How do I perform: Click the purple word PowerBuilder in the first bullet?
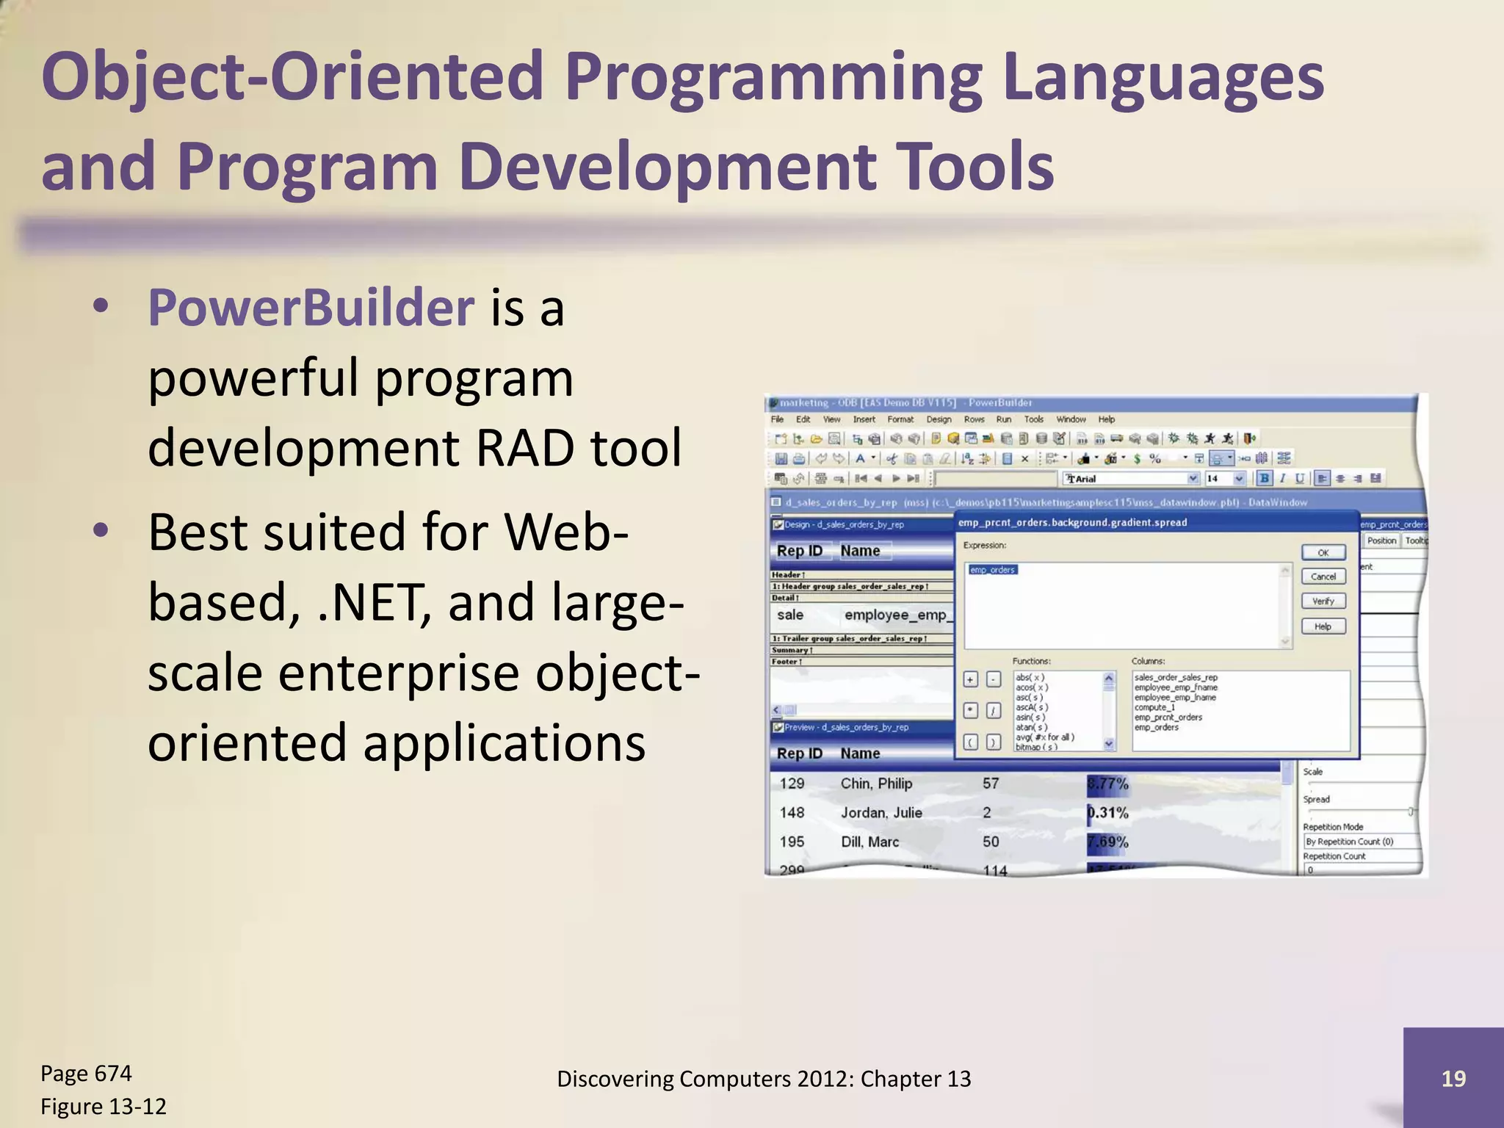pyautogui.click(x=311, y=308)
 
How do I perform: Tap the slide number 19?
pyautogui.click(x=1453, y=1078)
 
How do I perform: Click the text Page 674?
pyautogui.click(x=86, y=1074)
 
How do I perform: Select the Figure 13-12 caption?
pyautogui.click(x=104, y=1107)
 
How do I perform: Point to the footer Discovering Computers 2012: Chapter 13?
pyautogui.click(x=764, y=1079)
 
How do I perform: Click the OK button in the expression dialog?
pyautogui.click(x=1323, y=552)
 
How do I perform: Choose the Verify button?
pyautogui.click(x=1323, y=601)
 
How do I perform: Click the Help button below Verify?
pyautogui.click(x=1323, y=626)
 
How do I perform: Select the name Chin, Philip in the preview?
pyautogui.click(x=876, y=784)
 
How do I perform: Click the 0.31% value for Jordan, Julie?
pyautogui.click(x=1108, y=813)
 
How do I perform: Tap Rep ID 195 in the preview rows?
pyautogui.click(x=792, y=842)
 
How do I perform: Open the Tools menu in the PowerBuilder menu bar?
pyautogui.click(x=1033, y=419)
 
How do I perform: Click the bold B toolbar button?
pyautogui.click(x=1264, y=479)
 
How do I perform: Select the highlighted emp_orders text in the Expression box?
pyautogui.click(x=993, y=570)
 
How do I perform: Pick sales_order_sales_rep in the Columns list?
pyautogui.click(x=1176, y=677)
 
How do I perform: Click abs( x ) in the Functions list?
pyautogui.click(x=1030, y=677)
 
